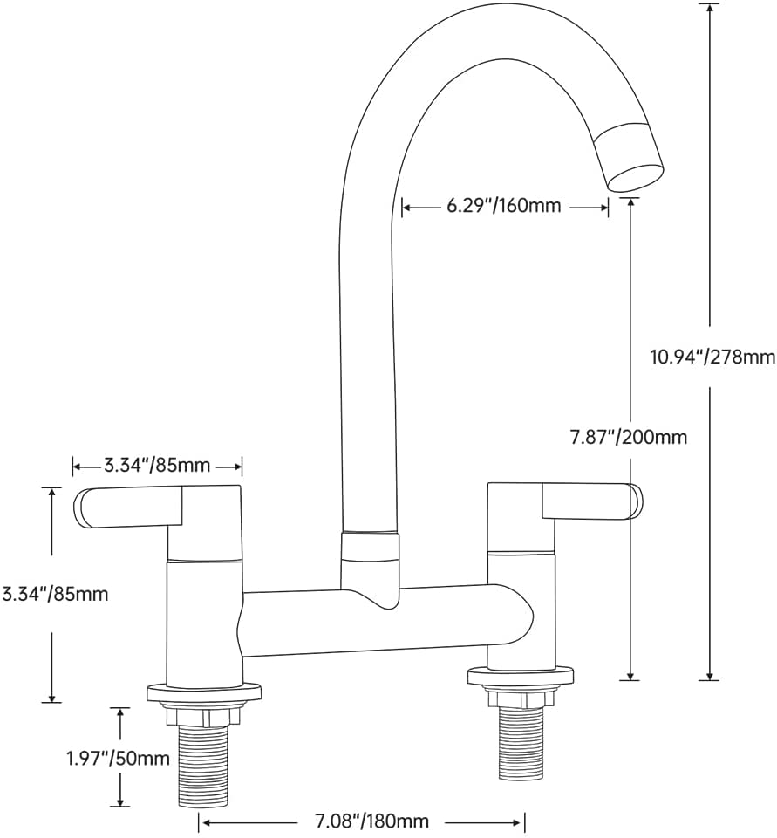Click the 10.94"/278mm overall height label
point(712,357)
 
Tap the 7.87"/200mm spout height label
point(629,437)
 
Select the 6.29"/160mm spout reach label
point(504,205)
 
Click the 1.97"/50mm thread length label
point(118,758)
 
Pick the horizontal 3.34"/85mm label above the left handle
point(157,466)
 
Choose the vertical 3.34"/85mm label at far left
point(55,594)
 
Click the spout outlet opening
point(637,178)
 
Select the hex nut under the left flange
point(202,715)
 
